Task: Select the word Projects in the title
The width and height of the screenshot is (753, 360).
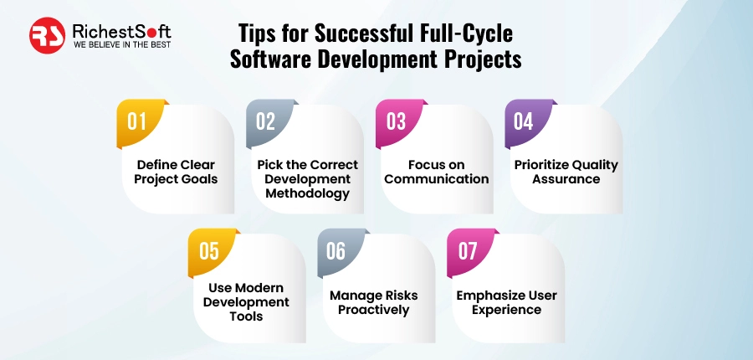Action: click(474, 60)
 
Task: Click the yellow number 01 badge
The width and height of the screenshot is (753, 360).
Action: click(136, 121)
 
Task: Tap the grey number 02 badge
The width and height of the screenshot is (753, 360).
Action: click(265, 121)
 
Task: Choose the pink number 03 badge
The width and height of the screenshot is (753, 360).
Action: click(395, 121)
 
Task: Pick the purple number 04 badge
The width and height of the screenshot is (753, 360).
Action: click(523, 121)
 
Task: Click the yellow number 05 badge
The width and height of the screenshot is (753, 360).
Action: click(208, 250)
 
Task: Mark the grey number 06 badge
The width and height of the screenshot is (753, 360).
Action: click(336, 250)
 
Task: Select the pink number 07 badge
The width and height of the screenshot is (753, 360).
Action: click(466, 250)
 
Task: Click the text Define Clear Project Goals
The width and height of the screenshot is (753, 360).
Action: click(175, 172)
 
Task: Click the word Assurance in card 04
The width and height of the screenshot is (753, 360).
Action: click(566, 179)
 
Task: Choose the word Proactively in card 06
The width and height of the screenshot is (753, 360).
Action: click(372, 310)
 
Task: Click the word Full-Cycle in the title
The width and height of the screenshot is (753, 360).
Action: click(464, 33)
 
